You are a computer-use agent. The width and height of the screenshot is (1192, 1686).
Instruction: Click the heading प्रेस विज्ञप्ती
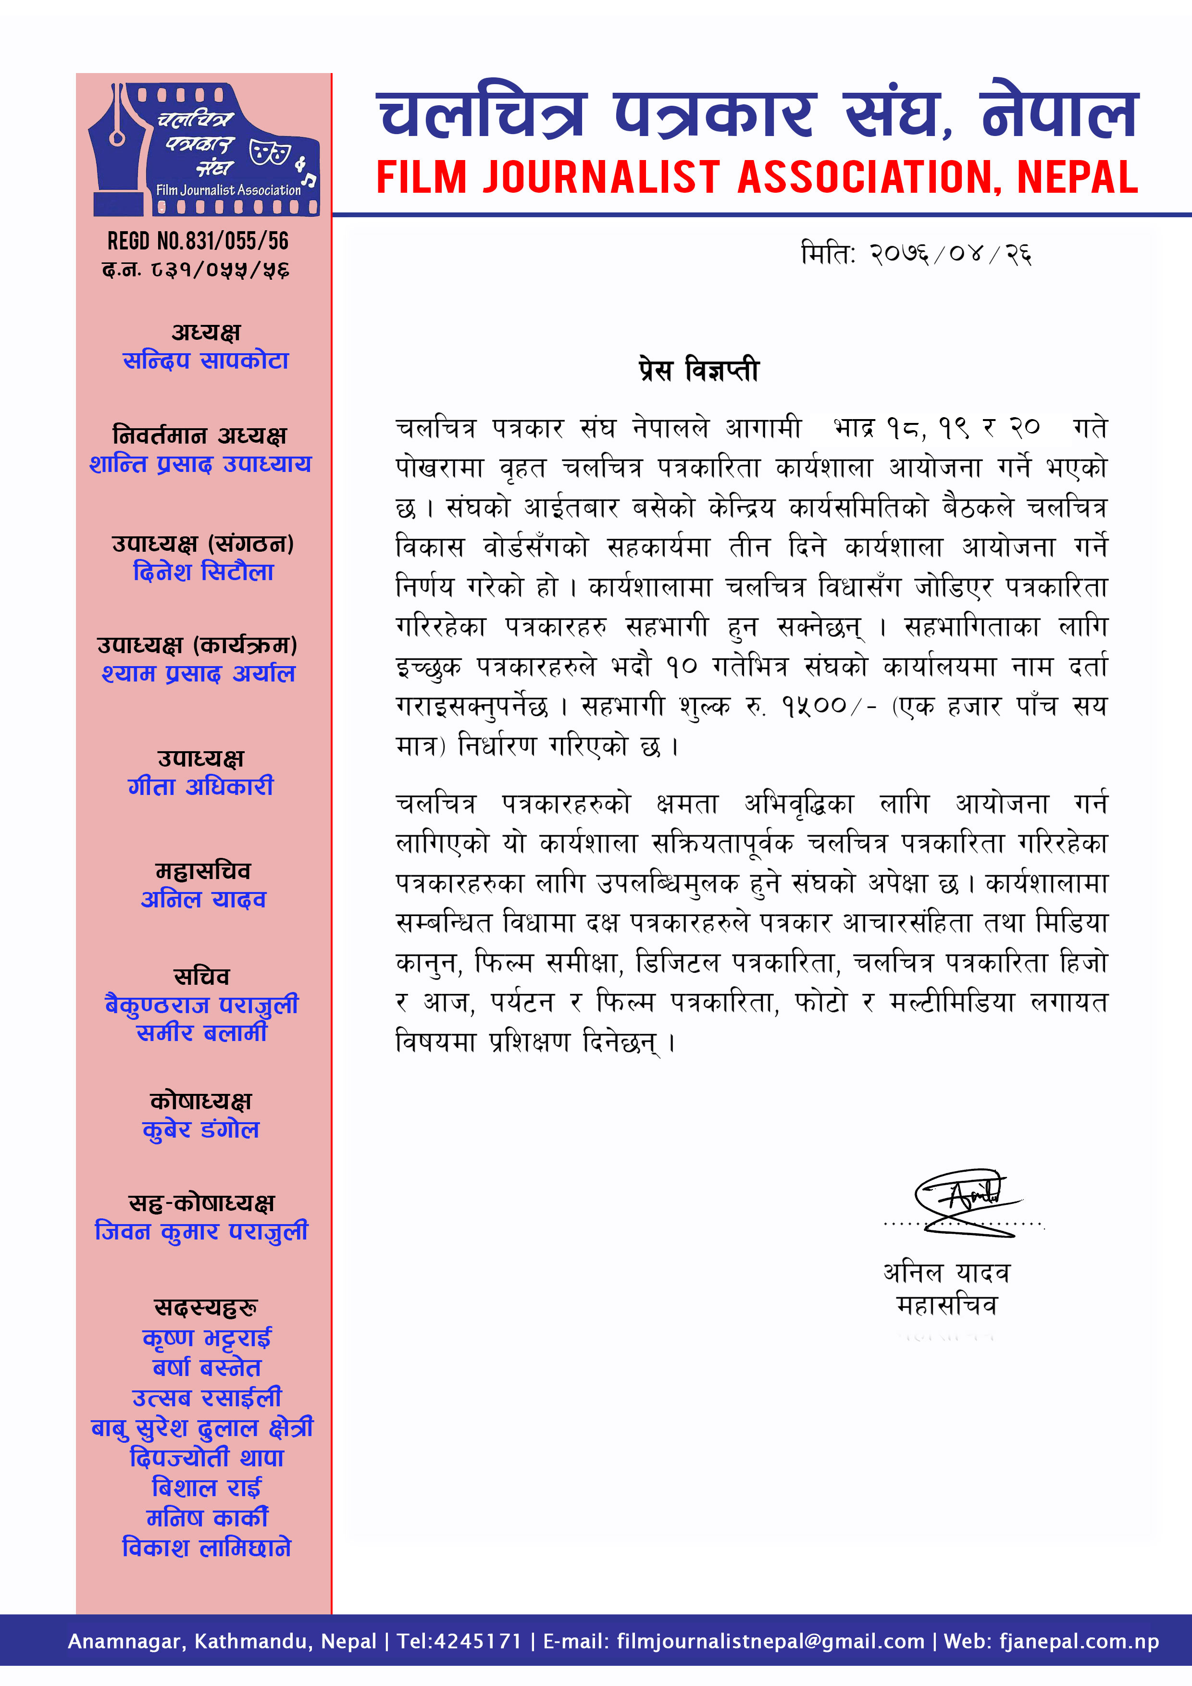coord(698,370)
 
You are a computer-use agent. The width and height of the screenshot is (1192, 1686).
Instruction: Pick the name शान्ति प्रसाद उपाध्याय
coord(200,464)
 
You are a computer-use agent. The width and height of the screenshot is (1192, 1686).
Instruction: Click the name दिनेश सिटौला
coord(203,571)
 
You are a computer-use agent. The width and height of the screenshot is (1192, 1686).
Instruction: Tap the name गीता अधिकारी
coord(200,786)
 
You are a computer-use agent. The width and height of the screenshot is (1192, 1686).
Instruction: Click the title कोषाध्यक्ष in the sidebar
coord(200,1101)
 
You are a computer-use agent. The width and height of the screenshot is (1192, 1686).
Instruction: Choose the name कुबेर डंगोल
coord(200,1129)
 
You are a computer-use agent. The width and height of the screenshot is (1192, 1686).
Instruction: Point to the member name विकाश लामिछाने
coord(206,1548)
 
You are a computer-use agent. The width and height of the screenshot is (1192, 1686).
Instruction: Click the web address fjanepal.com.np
coord(1078,1641)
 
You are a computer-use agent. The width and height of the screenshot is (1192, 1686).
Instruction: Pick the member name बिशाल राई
coord(206,1488)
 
